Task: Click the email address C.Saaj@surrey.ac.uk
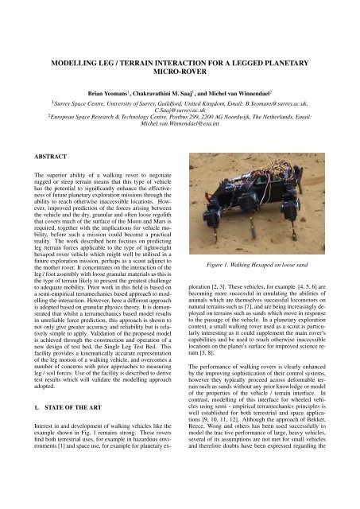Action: [x=180, y=124]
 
